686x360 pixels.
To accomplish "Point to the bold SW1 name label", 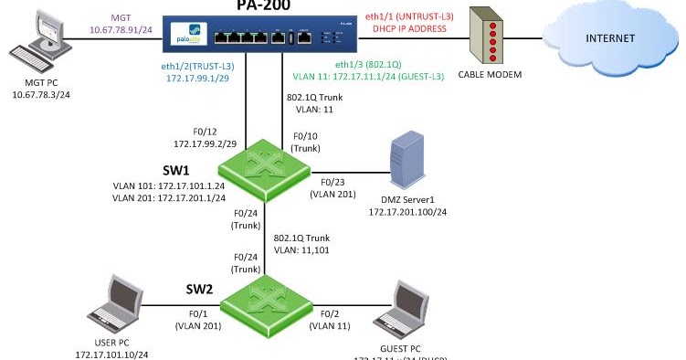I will tap(125, 171).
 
